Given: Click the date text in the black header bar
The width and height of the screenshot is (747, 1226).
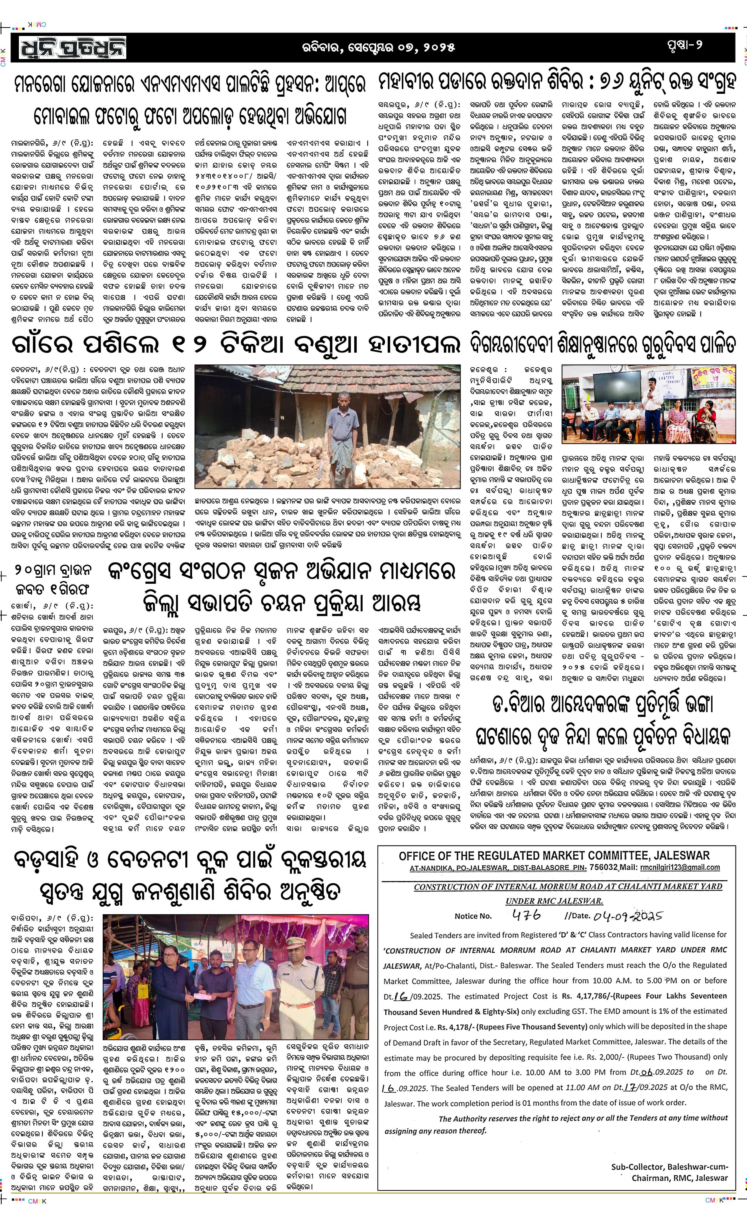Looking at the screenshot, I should pos(378,47).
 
